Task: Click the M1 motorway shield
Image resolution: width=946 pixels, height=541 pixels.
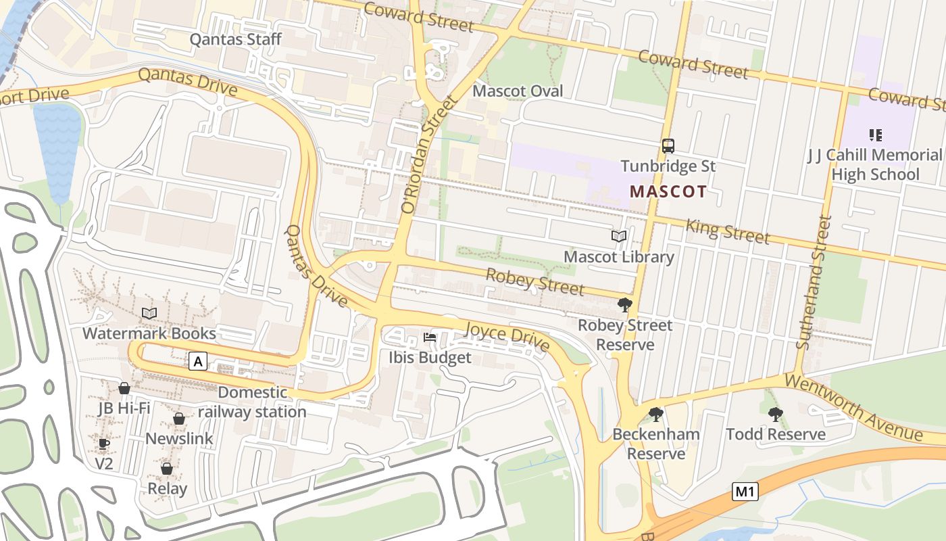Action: pos(745,492)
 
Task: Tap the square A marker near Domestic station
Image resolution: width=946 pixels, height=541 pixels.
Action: pos(197,362)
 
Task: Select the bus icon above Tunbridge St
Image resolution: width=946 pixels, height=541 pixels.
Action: pos(668,146)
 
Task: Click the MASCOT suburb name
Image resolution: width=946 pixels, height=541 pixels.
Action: pos(668,191)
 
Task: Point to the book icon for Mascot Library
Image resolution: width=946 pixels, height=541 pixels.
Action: pos(618,237)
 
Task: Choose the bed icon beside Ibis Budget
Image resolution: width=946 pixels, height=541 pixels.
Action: pos(430,337)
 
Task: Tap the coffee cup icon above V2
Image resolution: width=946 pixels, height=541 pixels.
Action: pos(103,444)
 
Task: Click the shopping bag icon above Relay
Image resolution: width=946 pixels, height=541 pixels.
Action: pos(167,468)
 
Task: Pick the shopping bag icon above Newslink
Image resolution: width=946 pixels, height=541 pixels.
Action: pos(179,419)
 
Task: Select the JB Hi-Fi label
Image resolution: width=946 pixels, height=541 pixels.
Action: pos(124,408)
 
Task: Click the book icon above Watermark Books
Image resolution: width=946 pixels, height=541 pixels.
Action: pos(149,313)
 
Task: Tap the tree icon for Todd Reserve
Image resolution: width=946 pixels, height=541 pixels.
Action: pos(775,414)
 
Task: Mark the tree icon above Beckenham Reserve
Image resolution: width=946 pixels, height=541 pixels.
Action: pos(655,414)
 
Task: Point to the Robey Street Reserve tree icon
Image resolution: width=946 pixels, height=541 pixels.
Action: pos(625,305)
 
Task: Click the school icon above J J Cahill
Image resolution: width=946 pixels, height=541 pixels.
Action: pos(876,135)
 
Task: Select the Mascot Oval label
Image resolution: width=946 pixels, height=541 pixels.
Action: pos(518,91)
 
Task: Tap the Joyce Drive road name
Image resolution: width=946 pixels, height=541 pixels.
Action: pos(507,336)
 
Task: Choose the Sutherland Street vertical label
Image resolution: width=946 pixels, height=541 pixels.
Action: pos(814,282)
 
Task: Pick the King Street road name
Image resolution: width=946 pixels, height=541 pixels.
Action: pos(727,231)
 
